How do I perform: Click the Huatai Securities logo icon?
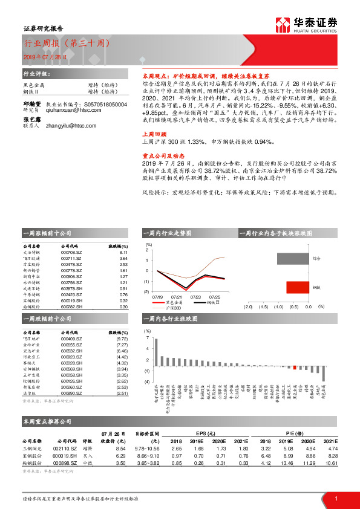282,25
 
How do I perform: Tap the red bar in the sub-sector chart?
298,287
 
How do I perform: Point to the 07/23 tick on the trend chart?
195,297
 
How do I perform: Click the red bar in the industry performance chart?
295,367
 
